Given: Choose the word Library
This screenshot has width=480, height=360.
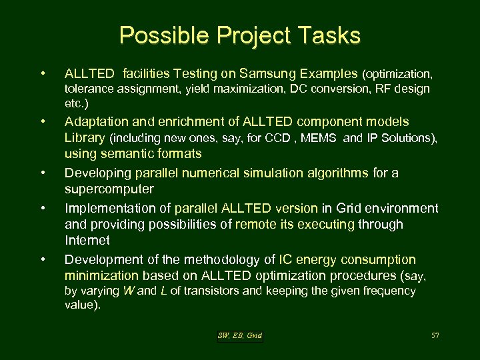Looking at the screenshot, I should pos(85,138).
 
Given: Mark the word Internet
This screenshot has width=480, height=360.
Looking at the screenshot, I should pos(87,240).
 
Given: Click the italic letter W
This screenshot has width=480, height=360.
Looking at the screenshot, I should pos(128,291).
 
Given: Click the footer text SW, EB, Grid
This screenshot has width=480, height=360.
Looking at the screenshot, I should pos(240,335).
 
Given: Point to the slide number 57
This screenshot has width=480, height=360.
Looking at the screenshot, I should pos(435,335).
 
